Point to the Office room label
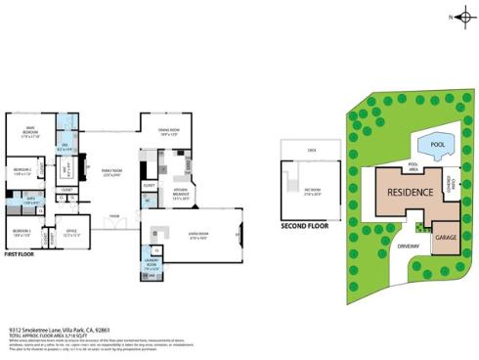(71, 232)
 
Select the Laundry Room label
(152, 265)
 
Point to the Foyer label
(114, 215)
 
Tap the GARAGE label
(446, 238)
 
